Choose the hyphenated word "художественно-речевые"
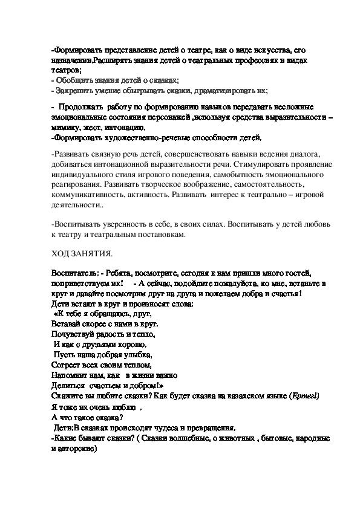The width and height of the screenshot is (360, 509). [x=146, y=137]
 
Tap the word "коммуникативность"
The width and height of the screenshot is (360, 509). [x=87, y=196]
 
